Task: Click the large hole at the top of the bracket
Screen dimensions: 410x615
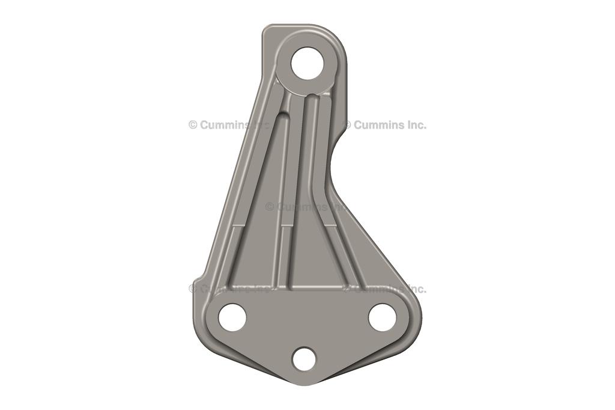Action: (x=307, y=63)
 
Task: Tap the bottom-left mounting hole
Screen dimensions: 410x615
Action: (x=232, y=317)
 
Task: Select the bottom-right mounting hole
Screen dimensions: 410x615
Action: (x=382, y=317)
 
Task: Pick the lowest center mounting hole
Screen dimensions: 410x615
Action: (x=304, y=359)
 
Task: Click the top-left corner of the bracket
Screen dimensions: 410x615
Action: (x=267, y=29)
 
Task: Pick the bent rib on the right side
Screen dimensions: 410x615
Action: (x=322, y=180)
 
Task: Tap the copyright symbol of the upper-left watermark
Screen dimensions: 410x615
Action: (x=193, y=125)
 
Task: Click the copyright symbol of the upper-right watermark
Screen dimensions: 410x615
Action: (x=347, y=125)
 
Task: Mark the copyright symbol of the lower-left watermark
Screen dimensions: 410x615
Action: (x=193, y=289)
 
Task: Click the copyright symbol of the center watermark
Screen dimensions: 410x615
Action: (x=270, y=207)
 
